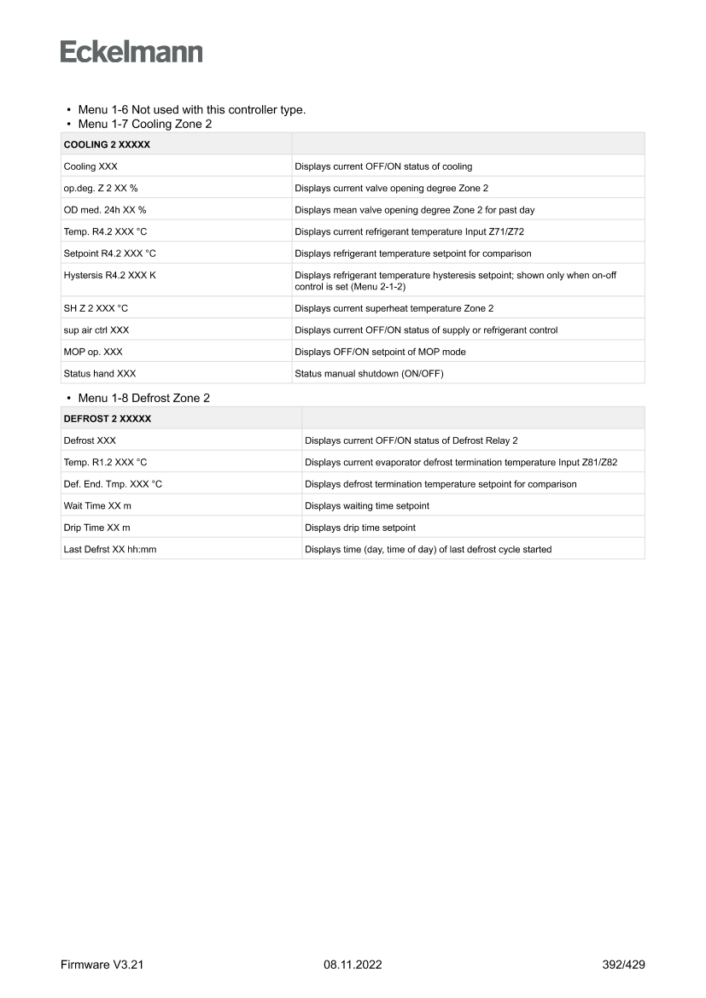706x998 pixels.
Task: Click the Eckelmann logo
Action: click(131, 52)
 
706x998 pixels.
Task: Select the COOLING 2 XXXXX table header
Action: click(107, 144)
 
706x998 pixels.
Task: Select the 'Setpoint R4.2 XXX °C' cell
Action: click(110, 254)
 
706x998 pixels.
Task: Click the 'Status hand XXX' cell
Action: click(100, 373)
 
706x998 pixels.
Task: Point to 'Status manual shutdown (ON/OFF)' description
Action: click(369, 373)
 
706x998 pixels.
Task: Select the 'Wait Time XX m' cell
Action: click(97, 505)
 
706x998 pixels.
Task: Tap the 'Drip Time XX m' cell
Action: click(97, 528)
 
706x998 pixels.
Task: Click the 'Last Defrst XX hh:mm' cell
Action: click(110, 549)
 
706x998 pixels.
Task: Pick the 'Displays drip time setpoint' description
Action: click(360, 528)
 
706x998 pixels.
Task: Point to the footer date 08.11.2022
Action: click(353, 965)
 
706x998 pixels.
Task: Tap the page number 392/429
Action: click(623, 965)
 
